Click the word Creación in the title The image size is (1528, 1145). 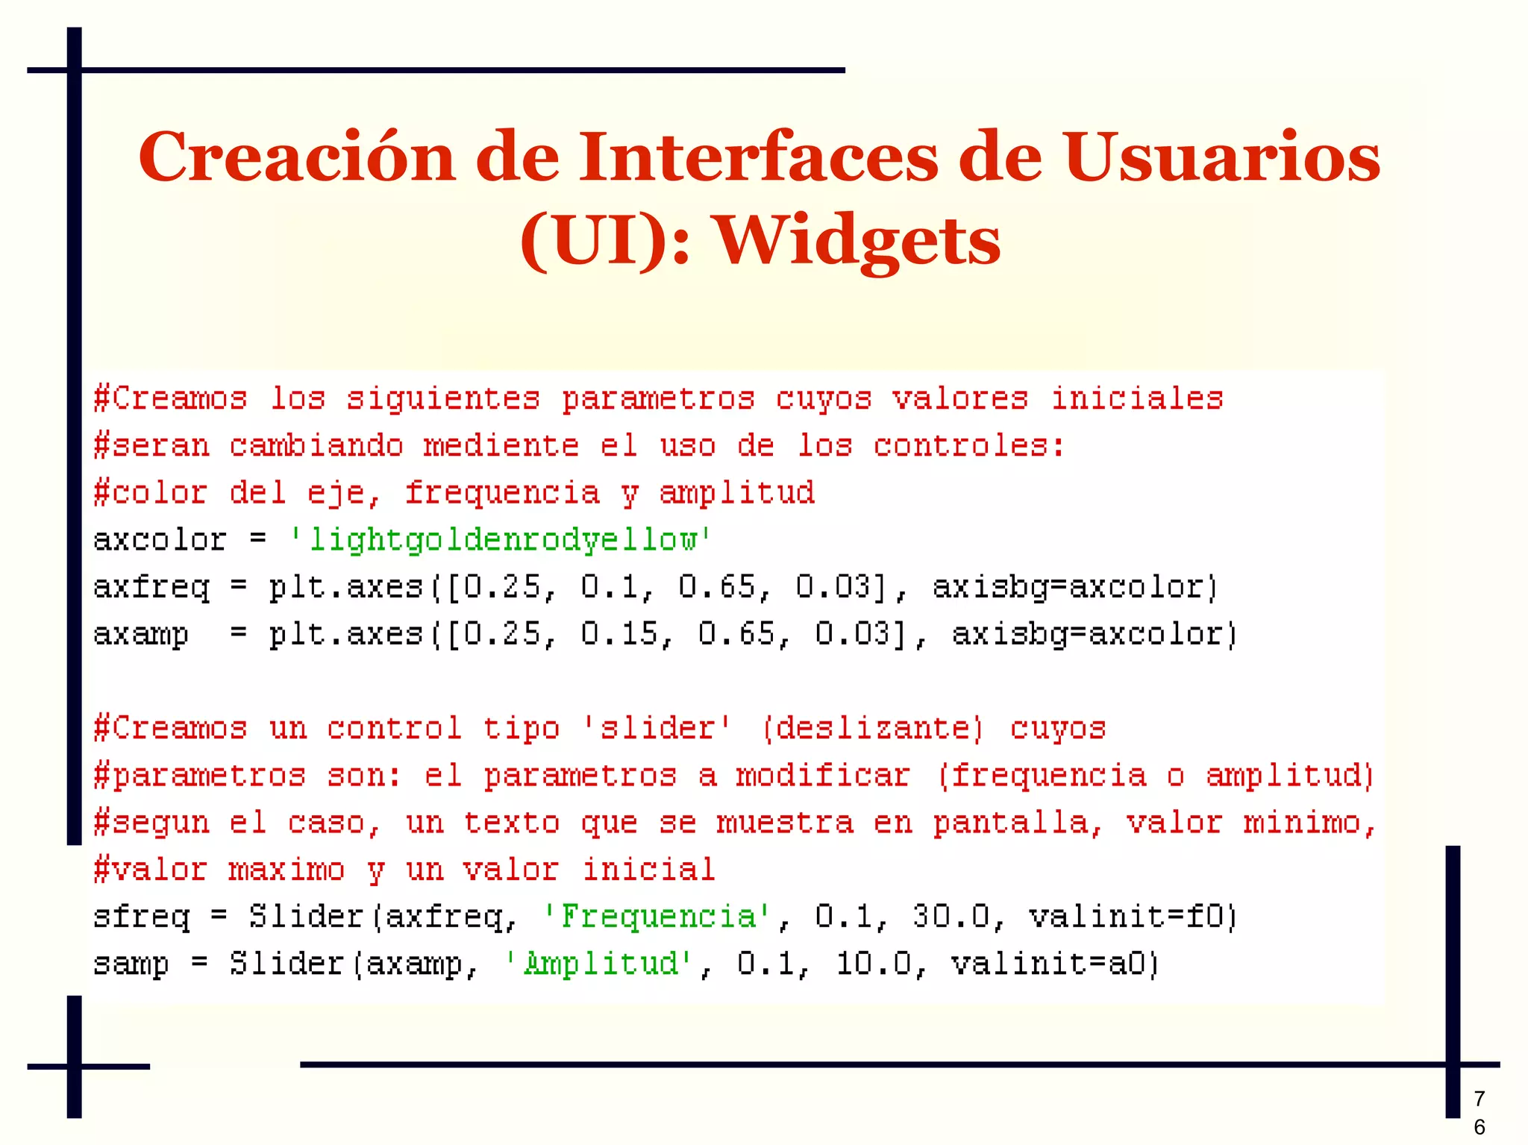296,157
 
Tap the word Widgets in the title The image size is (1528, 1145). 858,241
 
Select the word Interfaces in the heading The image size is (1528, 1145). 758,157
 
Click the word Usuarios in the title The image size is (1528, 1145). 1222,157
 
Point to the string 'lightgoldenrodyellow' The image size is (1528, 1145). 501,539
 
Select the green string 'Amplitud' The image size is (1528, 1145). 601,963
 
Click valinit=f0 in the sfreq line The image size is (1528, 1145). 1132,916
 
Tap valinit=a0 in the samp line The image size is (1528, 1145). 1054,963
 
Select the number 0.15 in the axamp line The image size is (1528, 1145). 619,634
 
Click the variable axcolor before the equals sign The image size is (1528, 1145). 160,539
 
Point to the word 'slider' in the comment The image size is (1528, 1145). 657,728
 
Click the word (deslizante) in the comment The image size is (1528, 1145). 872,728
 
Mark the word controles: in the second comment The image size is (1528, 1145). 969,446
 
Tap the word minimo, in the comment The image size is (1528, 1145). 1309,823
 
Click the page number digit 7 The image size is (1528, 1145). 1480,1098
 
